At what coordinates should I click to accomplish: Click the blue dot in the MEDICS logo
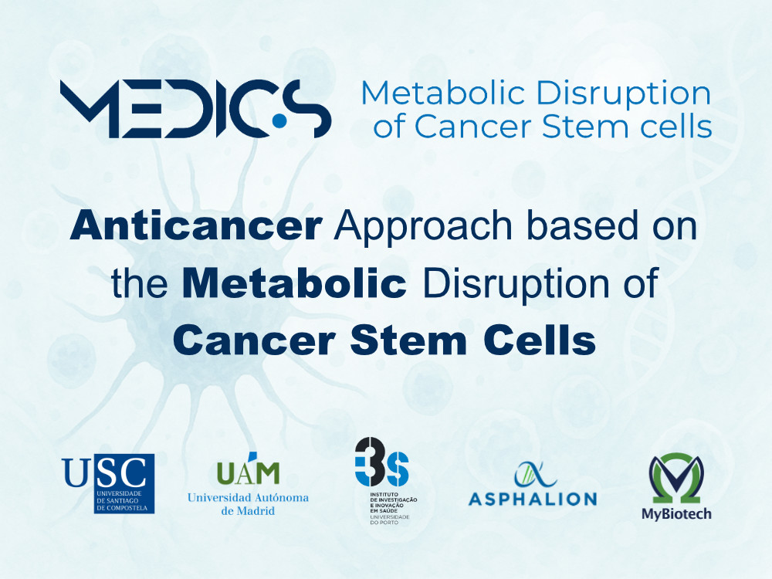pyautogui.click(x=279, y=120)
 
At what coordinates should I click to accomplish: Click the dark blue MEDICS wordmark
pyautogui.click(x=196, y=108)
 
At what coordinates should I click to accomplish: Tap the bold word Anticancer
pyautogui.click(x=196, y=225)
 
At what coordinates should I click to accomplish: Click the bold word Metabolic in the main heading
pyautogui.click(x=294, y=283)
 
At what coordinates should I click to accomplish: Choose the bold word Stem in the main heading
pyautogui.click(x=408, y=340)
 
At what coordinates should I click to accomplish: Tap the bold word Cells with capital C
pyautogui.click(x=540, y=340)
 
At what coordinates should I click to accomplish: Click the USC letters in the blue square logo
pyautogui.click(x=105, y=472)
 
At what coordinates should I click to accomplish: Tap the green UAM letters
pyautogui.click(x=248, y=471)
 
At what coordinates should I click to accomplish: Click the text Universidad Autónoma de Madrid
pyautogui.click(x=248, y=503)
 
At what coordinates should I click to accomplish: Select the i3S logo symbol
pyautogui.click(x=381, y=462)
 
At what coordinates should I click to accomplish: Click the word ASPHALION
pyautogui.click(x=533, y=499)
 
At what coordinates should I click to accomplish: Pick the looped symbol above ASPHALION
pyautogui.click(x=535, y=474)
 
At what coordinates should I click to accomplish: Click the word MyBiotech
pyautogui.click(x=676, y=513)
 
